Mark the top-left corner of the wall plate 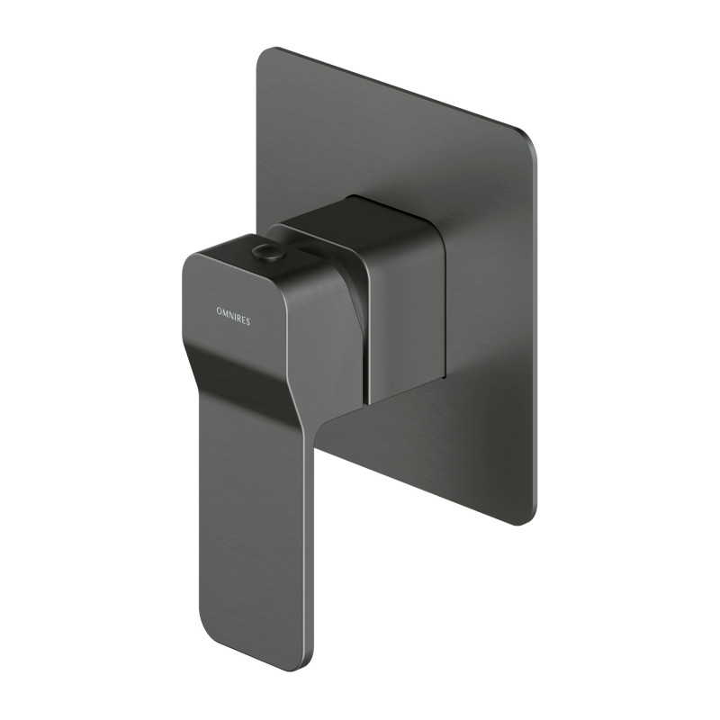pos(263,54)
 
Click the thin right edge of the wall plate pos(536,333)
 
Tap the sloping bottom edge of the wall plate pos(423,476)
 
